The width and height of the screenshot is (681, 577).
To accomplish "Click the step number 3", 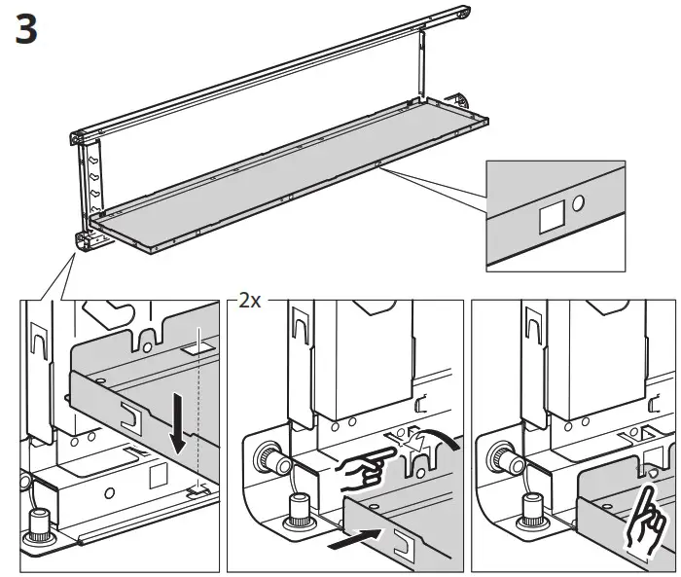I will (x=26, y=29).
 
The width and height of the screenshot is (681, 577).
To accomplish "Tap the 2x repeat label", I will (x=250, y=301).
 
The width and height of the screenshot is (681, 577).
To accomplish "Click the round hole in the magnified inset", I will (x=579, y=205).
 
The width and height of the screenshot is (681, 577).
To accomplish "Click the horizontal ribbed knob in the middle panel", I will (x=269, y=457).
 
